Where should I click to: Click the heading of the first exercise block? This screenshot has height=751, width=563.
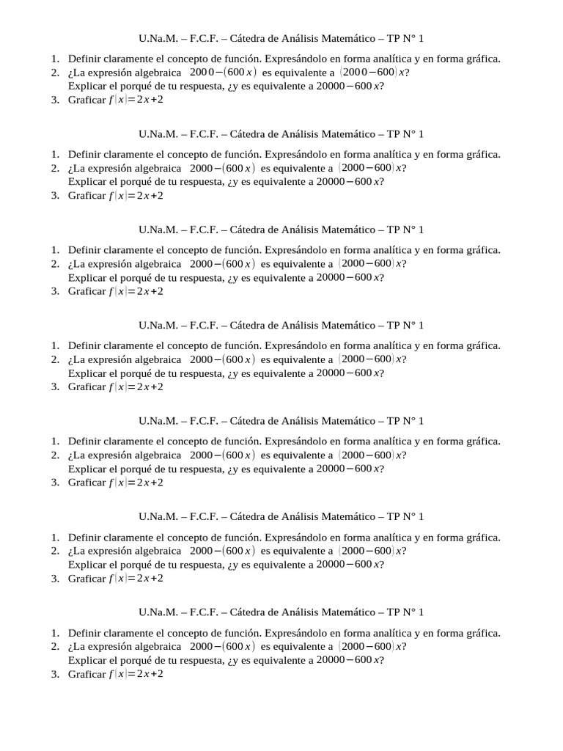281,38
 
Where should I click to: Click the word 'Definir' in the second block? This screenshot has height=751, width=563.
87,154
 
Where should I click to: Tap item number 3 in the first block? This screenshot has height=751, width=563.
55,100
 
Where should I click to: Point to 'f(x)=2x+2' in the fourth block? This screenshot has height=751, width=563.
136,387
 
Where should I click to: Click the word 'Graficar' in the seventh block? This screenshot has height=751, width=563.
87,674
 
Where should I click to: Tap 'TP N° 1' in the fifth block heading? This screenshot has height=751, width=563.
405,421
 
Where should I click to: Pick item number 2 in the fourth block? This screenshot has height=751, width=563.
55,359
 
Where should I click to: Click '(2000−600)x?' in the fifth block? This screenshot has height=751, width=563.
372,455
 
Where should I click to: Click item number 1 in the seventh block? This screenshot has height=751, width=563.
55,633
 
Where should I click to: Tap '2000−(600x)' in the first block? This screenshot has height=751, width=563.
222,72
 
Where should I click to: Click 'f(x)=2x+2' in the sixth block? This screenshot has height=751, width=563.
136,578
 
